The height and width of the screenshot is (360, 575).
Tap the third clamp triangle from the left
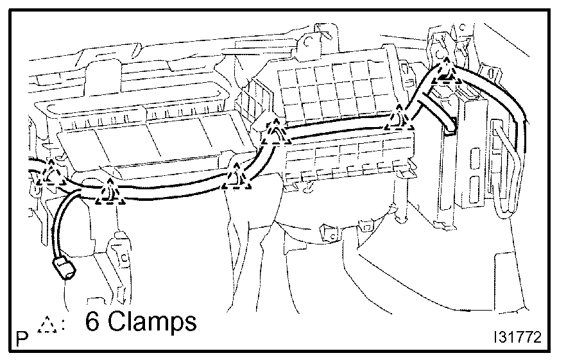[x=237, y=177]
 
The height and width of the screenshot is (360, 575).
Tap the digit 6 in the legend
[x=92, y=323]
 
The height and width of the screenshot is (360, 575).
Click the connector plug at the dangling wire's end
[x=63, y=268]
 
